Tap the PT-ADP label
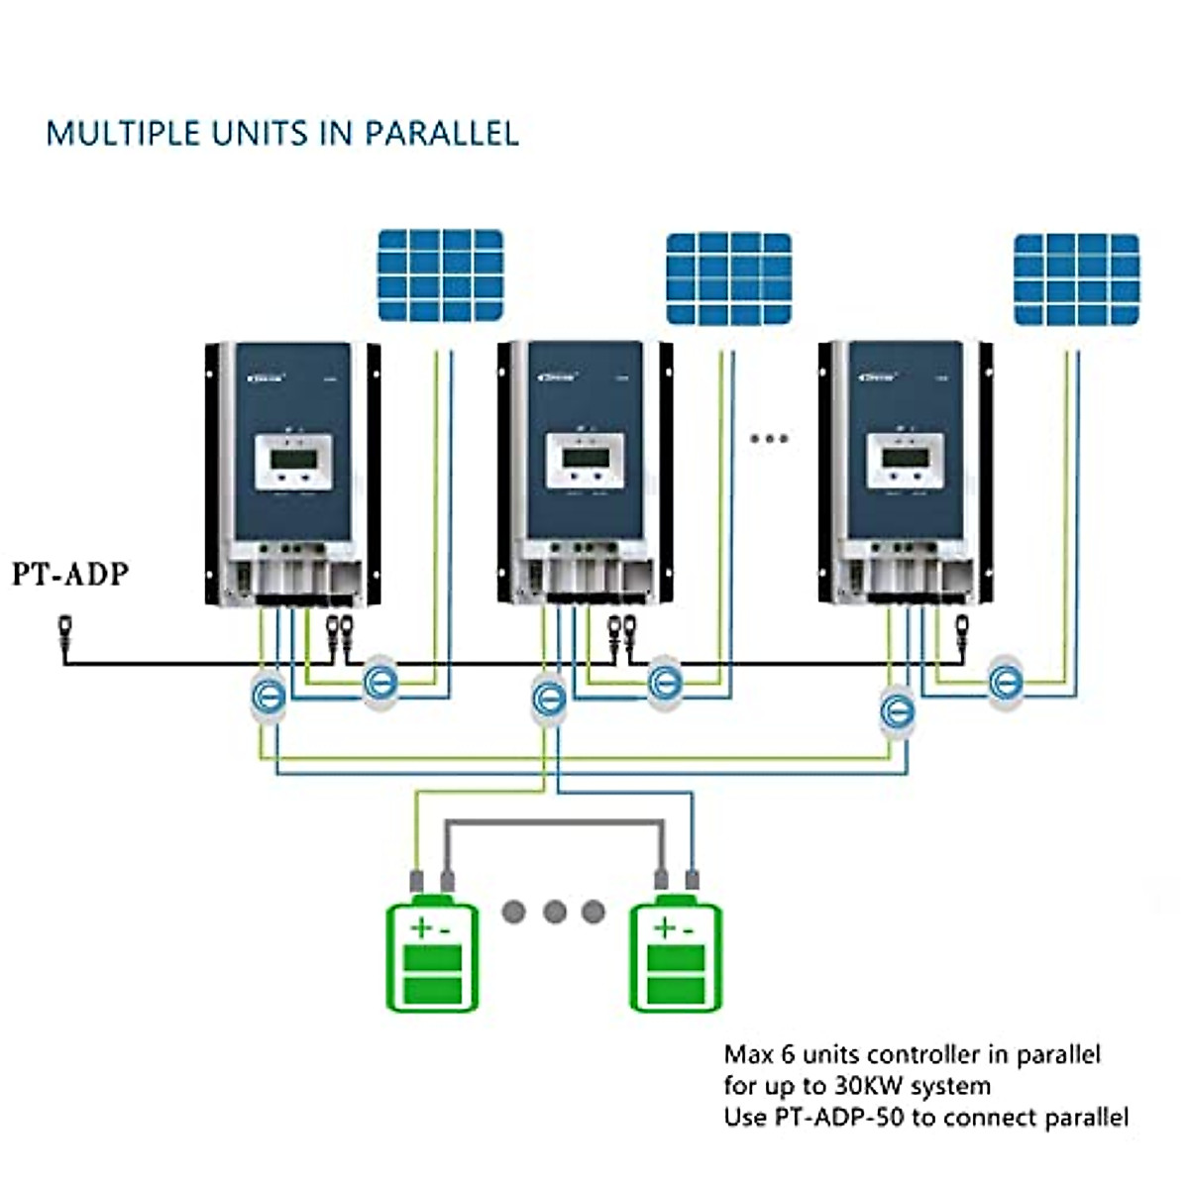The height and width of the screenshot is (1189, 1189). point(70,574)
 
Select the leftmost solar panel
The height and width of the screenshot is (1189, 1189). point(441,274)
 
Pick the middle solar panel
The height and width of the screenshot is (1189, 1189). point(728,278)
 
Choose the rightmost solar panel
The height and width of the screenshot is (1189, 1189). point(1076,279)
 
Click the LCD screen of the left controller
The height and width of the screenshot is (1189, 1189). point(293,459)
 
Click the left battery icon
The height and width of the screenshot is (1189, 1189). point(432,955)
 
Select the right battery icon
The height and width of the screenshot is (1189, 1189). point(677,955)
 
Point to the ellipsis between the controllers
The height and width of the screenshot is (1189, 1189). point(769,438)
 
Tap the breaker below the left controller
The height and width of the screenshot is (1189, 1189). point(267,697)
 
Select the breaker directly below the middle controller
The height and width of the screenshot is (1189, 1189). point(548,699)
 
